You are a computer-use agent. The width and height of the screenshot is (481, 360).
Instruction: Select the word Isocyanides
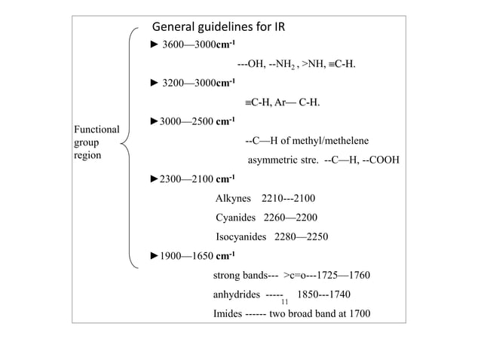click(x=246, y=237)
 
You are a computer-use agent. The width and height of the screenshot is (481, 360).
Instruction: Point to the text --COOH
click(x=378, y=160)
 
